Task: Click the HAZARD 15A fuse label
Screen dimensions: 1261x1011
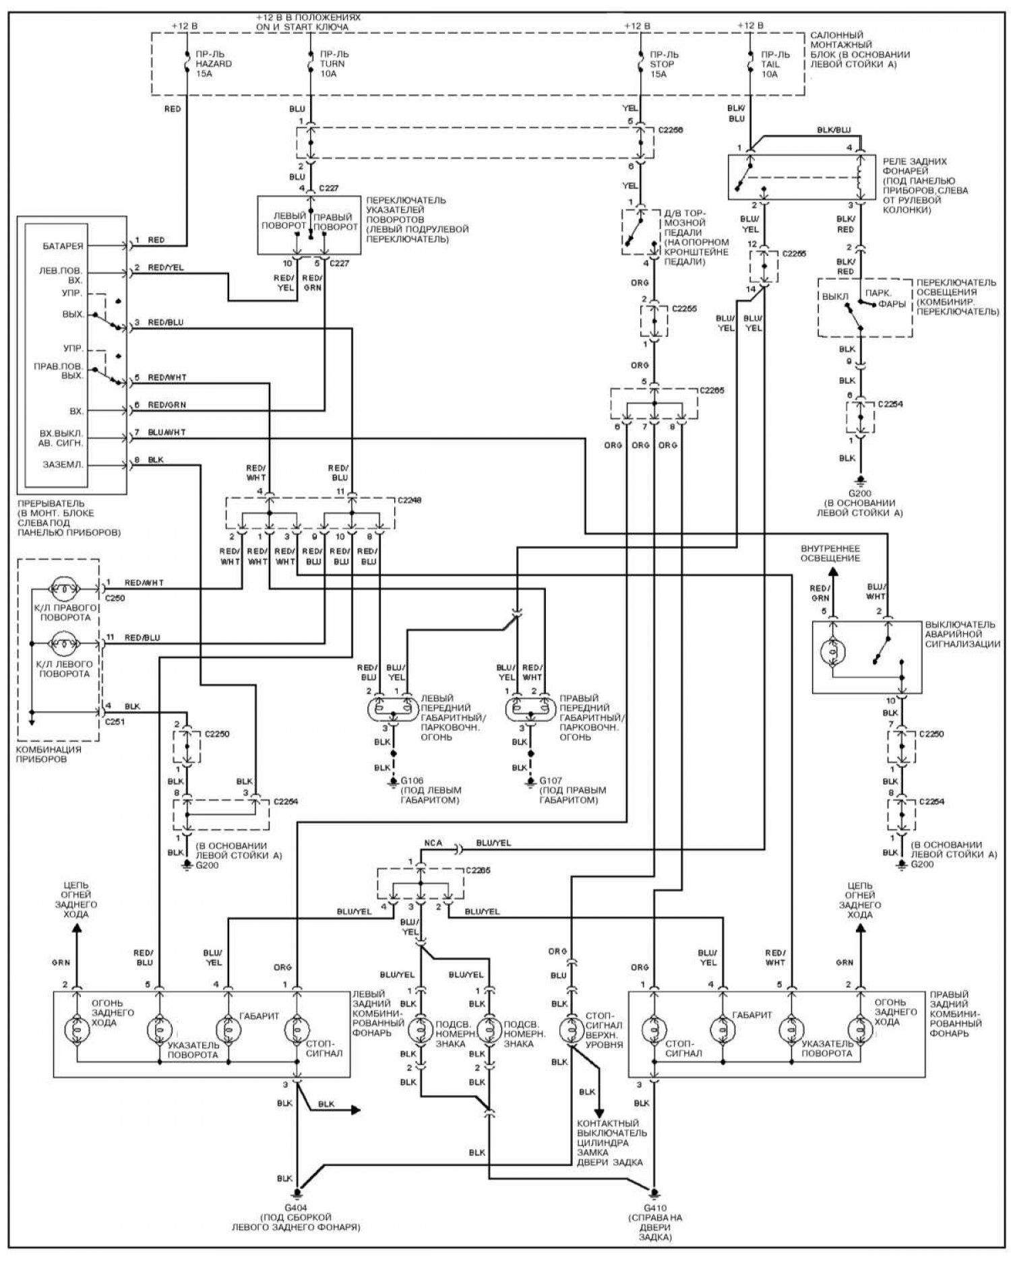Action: (214, 64)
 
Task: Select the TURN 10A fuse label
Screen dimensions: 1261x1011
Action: (332, 64)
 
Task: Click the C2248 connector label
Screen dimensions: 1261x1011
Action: (410, 500)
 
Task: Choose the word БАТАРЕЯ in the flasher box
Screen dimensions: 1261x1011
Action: (62, 247)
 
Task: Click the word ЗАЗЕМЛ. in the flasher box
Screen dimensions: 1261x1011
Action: (63, 465)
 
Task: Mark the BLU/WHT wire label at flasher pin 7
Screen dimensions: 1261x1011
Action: (166, 432)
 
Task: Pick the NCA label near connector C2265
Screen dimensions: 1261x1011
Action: (433, 843)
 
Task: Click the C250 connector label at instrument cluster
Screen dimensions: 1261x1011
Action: (115, 597)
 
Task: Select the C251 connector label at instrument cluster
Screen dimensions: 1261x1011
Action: (115, 721)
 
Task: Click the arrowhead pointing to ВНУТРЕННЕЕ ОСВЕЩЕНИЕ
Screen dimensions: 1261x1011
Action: (832, 573)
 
